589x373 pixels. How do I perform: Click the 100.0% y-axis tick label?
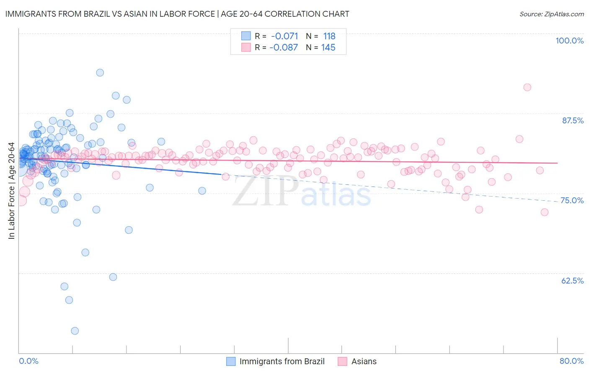tap(569, 41)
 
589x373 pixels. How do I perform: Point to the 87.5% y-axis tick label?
tap(572, 120)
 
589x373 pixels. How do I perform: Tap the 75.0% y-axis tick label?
tap(572, 200)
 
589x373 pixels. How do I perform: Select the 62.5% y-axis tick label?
tap(572, 281)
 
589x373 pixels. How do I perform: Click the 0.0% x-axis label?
tap(28, 361)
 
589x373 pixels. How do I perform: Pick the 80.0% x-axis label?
tap(571, 361)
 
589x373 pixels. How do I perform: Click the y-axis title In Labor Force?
tap(11, 191)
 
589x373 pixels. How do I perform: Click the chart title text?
tap(177, 14)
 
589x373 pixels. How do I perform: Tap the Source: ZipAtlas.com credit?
tap(551, 14)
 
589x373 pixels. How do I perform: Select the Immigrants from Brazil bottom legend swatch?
tap(231, 361)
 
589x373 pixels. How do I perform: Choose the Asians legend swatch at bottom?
tap(342, 361)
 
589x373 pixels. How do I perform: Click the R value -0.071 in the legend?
tap(284, 36)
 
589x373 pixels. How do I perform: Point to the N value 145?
tap(328, 47)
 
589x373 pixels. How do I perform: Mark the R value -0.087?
tap(284, 47)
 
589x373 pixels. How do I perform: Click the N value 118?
tap(329, 36)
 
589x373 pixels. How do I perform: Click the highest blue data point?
tap(100, 73)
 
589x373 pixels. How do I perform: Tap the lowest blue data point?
tap(75, 331)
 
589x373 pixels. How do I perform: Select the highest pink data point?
tap(527, 87)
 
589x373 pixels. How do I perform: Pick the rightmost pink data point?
tap(544, 212)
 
